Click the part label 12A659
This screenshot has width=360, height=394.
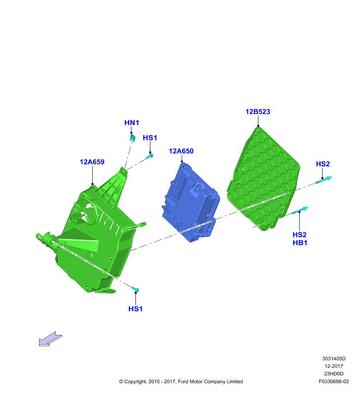click(x=92, y=162)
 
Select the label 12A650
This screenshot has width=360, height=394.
click(x=181, y=151)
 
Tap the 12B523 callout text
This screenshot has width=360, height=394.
click(x=258, y=112)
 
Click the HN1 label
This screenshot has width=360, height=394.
click(x=131, y=123)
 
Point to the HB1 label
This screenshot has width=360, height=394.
click(x=300, y=243)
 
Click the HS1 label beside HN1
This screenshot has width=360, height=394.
click(x=150, y=138)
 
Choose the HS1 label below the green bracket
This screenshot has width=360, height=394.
click(x=135, y=309)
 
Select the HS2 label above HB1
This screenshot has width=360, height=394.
click(x=299, y=235)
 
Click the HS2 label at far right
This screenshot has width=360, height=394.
click(x=323, y=164)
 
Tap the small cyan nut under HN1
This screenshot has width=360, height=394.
click(x=132, y=138)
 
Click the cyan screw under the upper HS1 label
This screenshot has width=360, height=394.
click(x=150, y=156)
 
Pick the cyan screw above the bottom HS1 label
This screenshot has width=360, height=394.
click(x=135, y=290)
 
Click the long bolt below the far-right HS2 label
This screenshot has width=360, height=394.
click(x=324, y=180)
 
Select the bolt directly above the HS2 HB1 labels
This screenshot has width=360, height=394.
click(x=300, y=210)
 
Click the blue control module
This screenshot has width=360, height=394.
click(x=190, y=202)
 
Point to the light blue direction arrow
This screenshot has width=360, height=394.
click(x=50, y=339)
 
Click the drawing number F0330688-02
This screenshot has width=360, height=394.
click(x=333, y=381)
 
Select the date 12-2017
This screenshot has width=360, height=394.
click(x=333, y=366)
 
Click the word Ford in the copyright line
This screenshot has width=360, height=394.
click(x=183, y=381)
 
